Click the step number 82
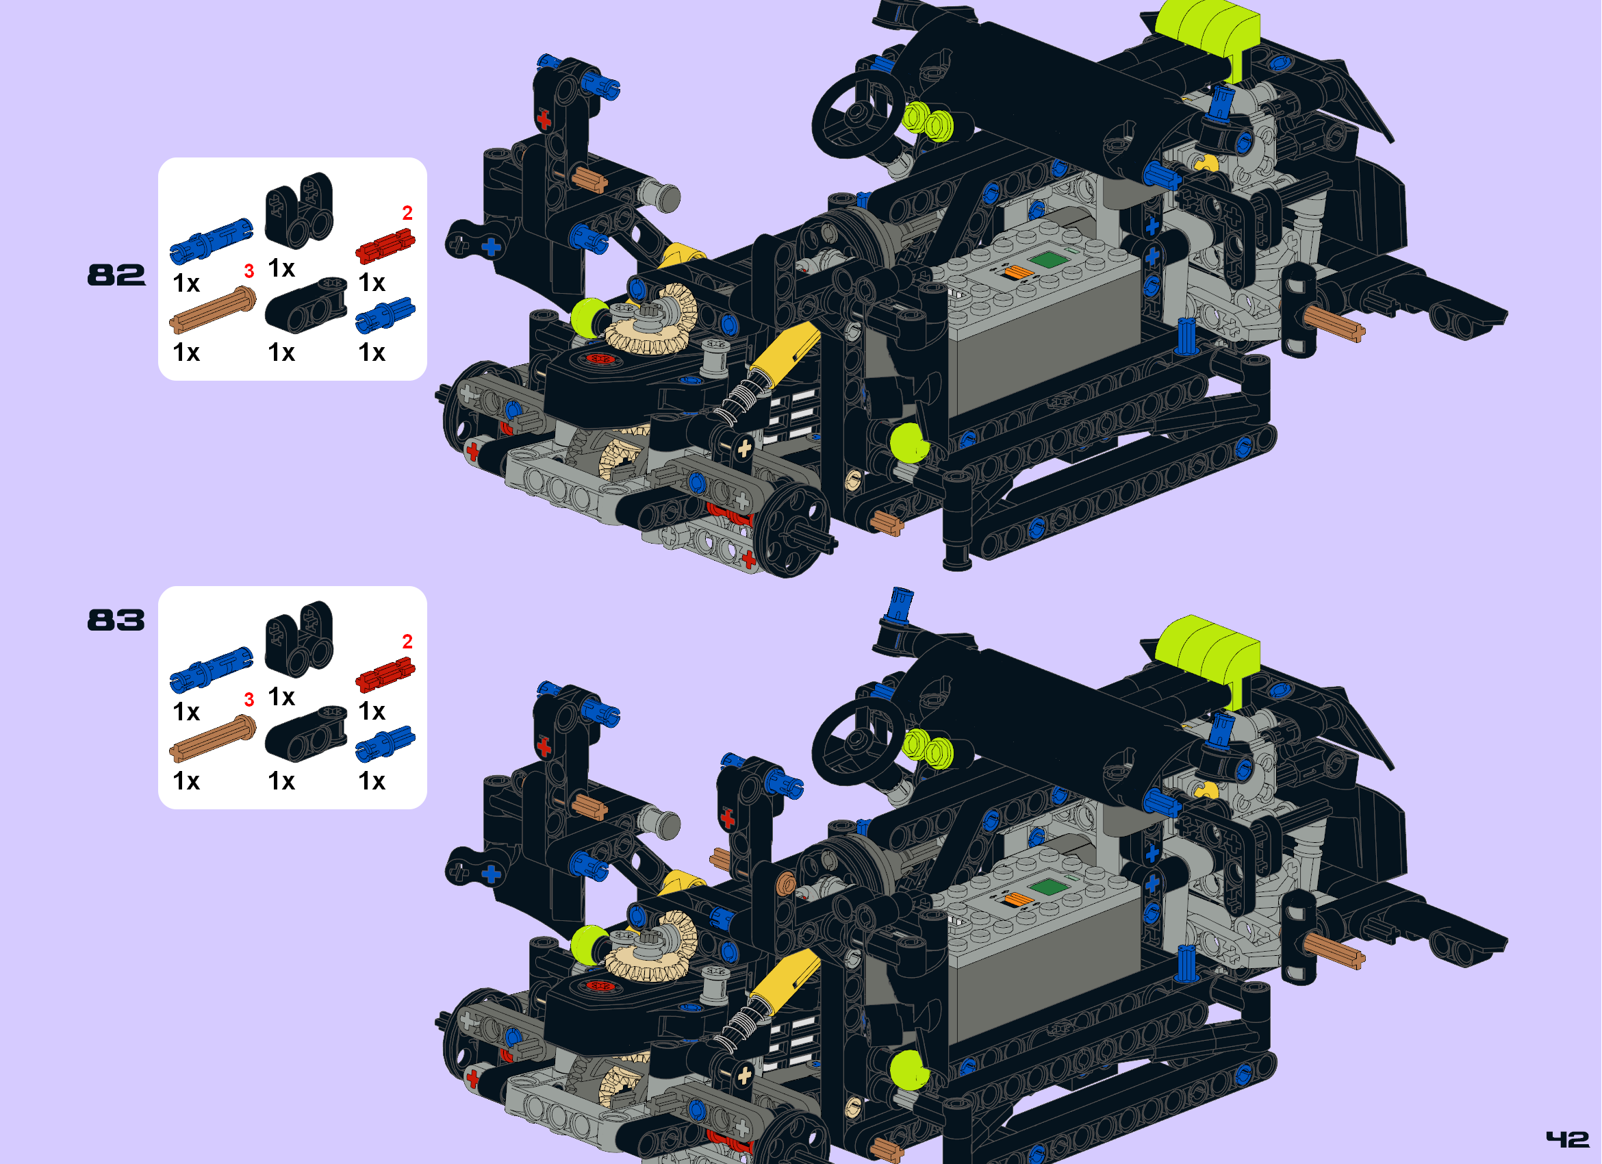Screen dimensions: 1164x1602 [116, 275]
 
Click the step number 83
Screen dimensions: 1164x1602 [116, 620]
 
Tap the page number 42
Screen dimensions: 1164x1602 [1566, 1139]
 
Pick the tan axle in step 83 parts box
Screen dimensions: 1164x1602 [212, 739]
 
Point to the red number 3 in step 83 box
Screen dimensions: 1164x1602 [249, 700]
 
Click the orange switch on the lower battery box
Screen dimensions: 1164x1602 [1017, 898]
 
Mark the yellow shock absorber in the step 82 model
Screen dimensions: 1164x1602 [784, 353]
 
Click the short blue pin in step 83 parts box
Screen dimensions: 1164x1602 [385, 743]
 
